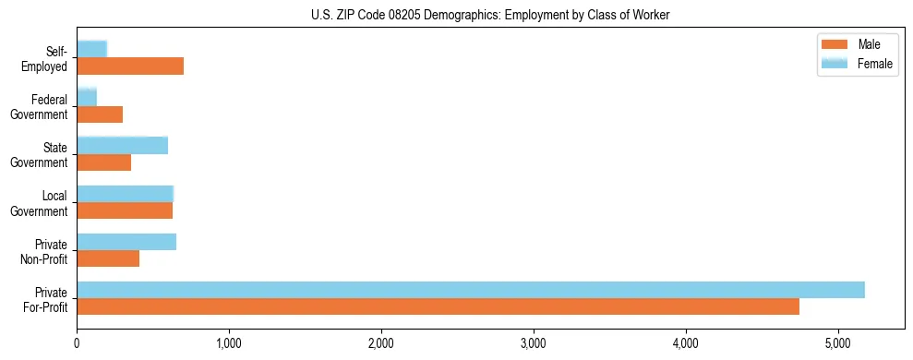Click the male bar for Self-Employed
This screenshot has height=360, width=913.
click(130, 66)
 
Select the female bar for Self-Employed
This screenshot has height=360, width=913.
click(92, 49)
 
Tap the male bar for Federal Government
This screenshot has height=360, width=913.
click(100, 114)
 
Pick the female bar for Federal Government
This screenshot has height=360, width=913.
click(87, 97)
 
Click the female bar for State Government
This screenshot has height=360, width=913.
click(122, 145)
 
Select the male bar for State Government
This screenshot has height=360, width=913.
click(104, 162)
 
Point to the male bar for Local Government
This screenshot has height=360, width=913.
click(125, 210)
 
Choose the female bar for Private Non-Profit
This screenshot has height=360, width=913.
click(126, 242)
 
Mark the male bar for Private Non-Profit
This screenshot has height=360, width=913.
click(108, 258)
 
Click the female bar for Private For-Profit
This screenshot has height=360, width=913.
click(471, 290)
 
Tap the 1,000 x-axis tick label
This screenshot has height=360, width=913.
click(229, 344)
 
